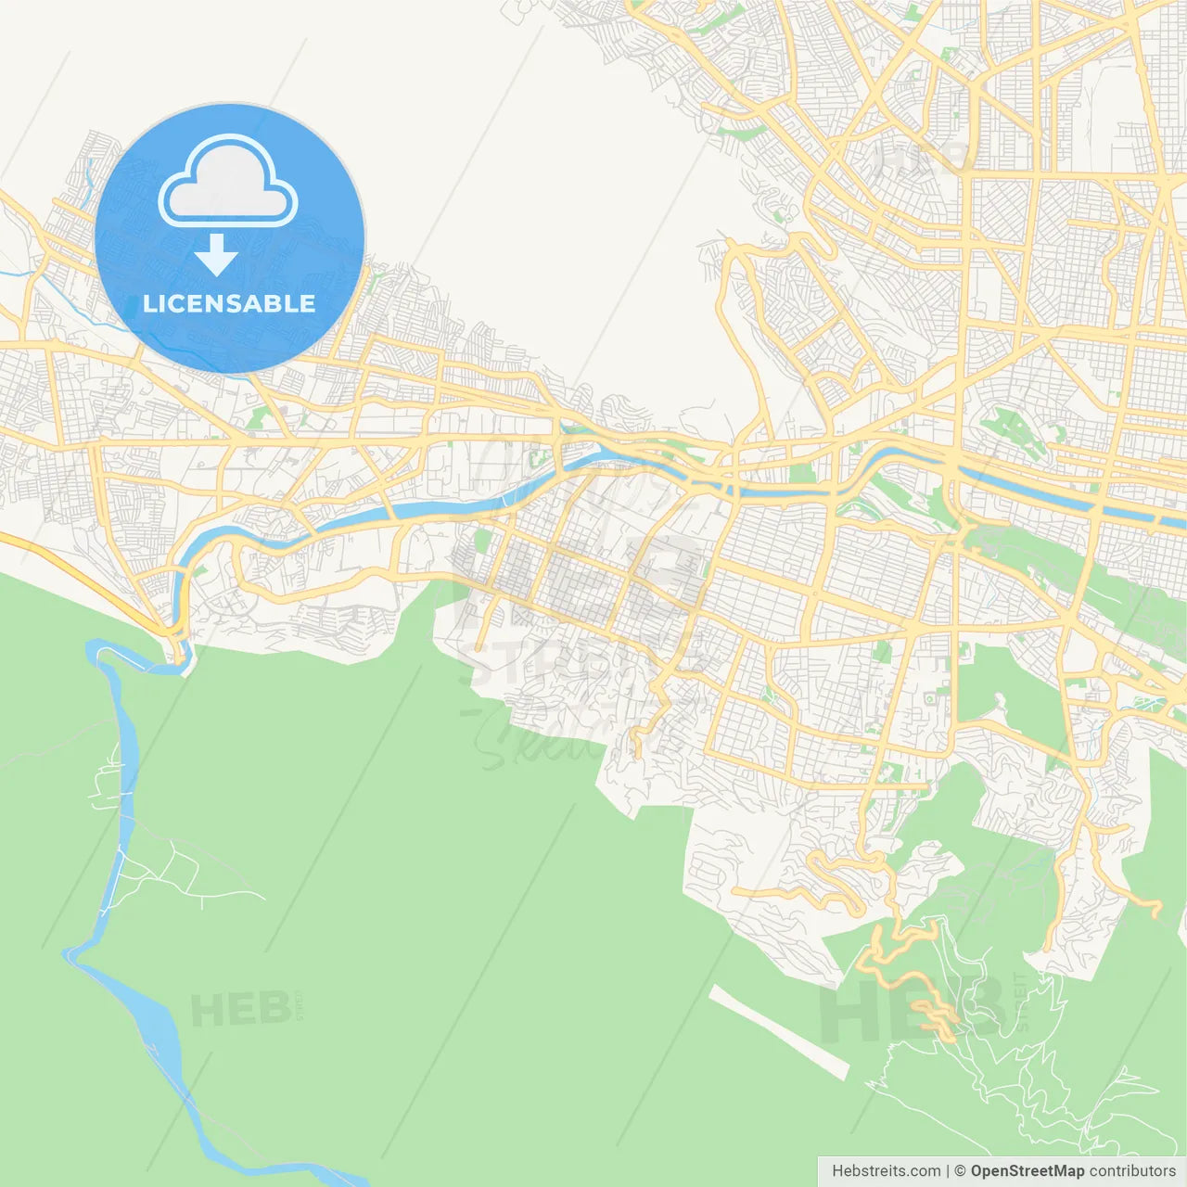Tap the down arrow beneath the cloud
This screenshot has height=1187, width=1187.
pyautogui.click(x=216, y=254)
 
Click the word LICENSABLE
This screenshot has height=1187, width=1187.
pyautogui.click(x=229, y=304)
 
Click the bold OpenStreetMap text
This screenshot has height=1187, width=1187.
pyautogui.click(x=1027, y=1171)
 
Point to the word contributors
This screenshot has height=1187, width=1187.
pyautogui.click(x=1132, y=1171)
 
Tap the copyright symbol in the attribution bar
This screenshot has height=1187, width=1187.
pyautogui.click(x=960, y=1171)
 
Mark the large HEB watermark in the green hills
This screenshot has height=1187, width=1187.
pyautogui.click(x=913, y=1011)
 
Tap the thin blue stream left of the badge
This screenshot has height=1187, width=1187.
pyautogui.click(x=88, y=176)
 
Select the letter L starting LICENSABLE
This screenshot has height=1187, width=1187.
pyautogui.click(x=148, y=304)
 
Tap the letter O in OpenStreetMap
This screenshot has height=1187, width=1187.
pyautogui.click(x=977, y=1171)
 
